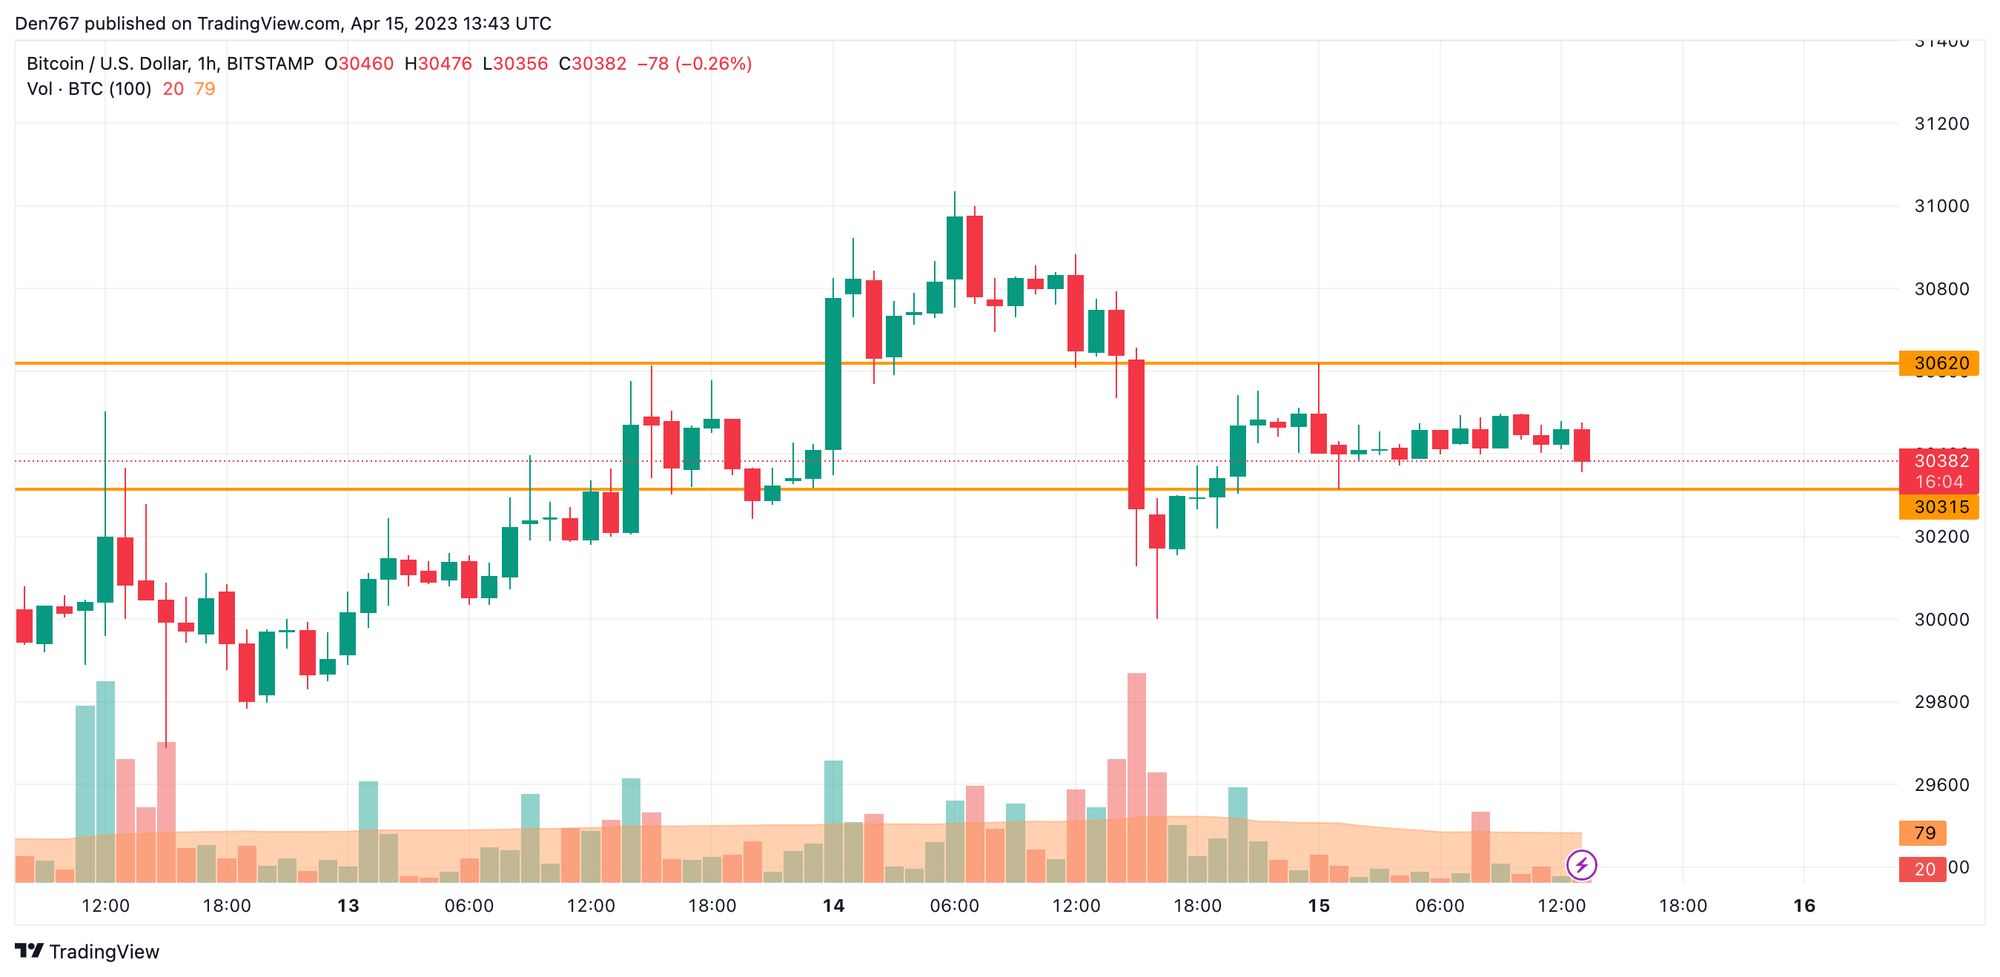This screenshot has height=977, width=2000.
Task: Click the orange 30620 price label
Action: [x=1938, y=362]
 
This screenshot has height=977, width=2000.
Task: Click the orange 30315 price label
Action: [x=1938, y=507]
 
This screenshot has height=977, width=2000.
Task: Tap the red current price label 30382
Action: [x=1938, y=461]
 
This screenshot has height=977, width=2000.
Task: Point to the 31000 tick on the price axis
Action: [x=1941, y=206]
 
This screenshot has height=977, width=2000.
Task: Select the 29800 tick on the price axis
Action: [x=1941, y=702]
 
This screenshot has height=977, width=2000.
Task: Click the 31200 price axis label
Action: [x=1941, y=124]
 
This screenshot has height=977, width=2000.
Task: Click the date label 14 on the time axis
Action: [x=833, y=906]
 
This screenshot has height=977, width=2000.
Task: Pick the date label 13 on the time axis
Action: [x=348, y=906]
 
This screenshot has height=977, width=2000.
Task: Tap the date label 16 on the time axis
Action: [x=1804, y=906]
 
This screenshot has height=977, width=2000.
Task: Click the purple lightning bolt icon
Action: [x=1581, y=864]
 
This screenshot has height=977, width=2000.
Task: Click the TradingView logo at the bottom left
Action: [x=87, y=951]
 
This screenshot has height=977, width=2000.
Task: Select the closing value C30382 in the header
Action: [x=592, y=64]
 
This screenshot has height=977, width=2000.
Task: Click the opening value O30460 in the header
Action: [x=359, y=64]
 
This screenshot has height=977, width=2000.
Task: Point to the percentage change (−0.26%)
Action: [x=714, y=64]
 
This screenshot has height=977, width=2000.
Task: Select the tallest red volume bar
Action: [x=1136, y=777]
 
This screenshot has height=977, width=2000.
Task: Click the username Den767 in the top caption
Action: [x=47, y=23]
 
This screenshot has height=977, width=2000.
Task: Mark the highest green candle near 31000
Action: [x=954, y=247]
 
